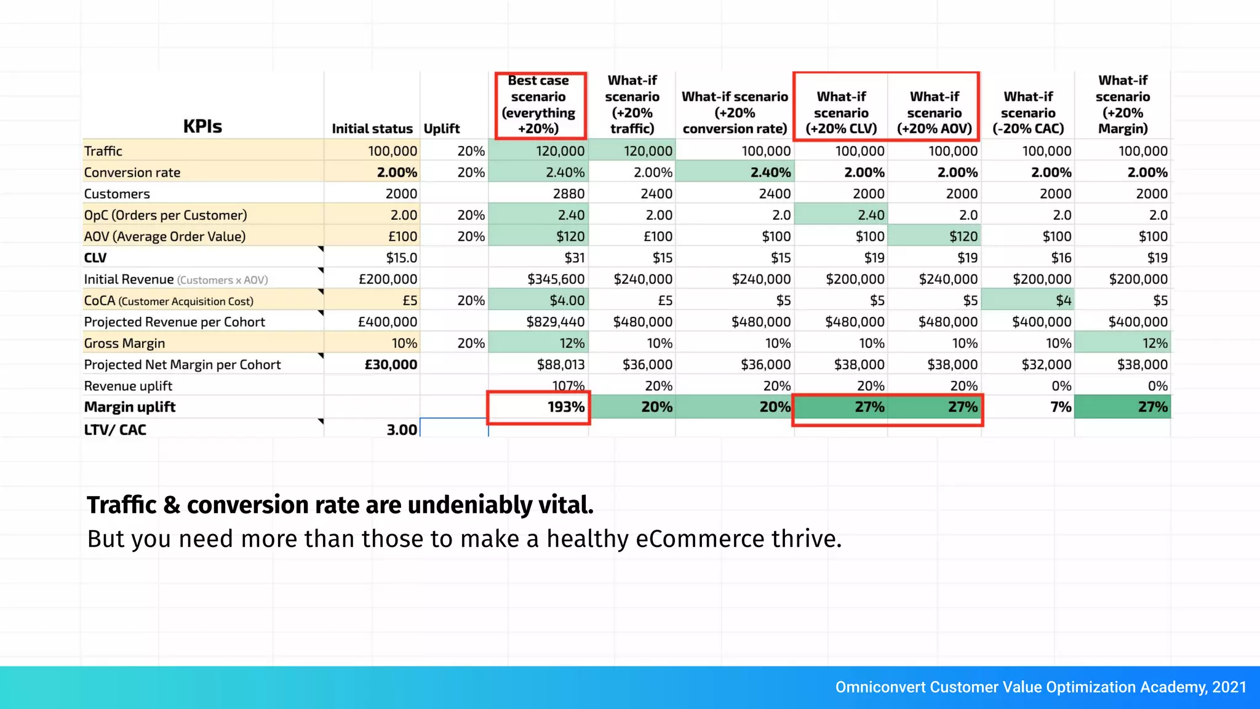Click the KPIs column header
pos(202,126)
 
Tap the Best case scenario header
pos(539,105)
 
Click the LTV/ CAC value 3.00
pos(401,430)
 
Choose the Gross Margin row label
pos(125,343)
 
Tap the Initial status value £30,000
pos(391,365)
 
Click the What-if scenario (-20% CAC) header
pos(1028,113)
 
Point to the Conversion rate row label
pos(132,173)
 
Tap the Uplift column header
pos(442,129)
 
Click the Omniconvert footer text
pos(1040,687)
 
